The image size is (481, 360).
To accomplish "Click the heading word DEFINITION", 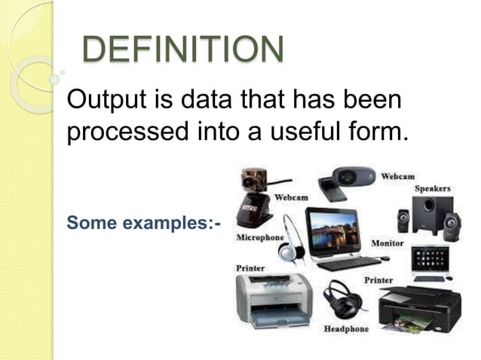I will (182, 50).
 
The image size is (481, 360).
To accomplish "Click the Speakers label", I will (432, 188).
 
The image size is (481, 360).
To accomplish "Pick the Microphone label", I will (260, 238).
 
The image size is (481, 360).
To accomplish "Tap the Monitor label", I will (388, 243).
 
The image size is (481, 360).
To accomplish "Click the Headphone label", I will (346, 329).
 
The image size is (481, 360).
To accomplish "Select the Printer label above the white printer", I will (250, 267).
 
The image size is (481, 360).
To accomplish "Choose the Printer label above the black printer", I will (378, 280).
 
